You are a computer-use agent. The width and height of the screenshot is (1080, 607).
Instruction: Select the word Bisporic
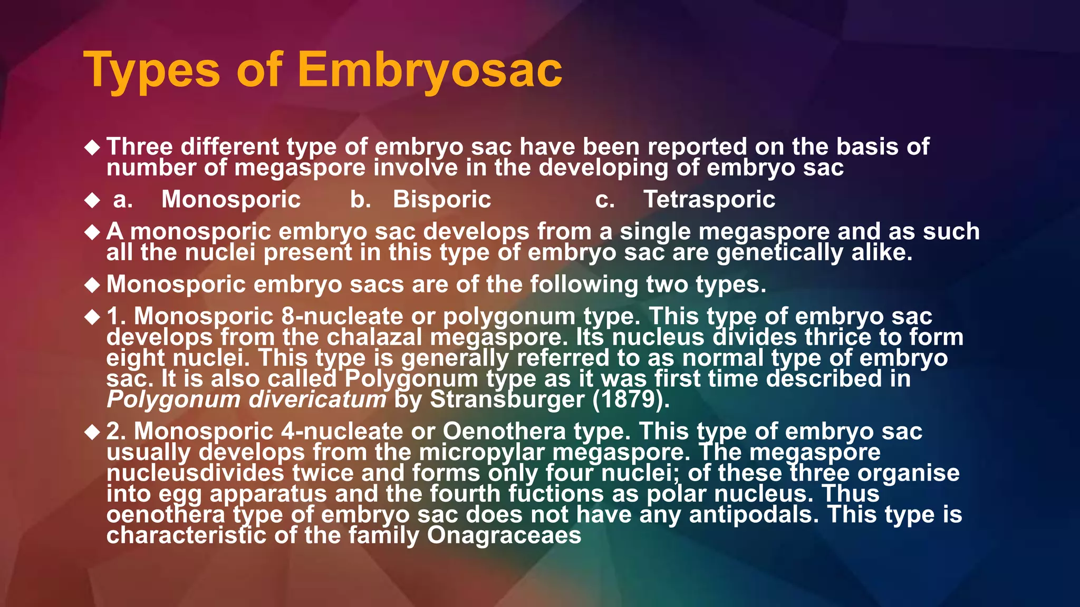(x=442, y=200)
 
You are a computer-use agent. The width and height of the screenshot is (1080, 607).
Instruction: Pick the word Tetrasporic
(x=709, y=200)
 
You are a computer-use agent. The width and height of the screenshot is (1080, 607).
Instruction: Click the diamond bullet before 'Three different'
(x=92, y=148)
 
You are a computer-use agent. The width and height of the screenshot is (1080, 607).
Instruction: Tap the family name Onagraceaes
(x=504, y=535)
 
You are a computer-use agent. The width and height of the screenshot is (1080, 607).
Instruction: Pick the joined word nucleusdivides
(x=195, y=473)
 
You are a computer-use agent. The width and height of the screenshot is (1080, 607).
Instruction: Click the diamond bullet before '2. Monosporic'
(x=92, y=433)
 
